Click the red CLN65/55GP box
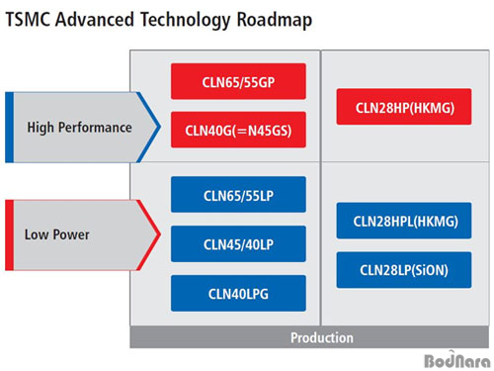point(238,82)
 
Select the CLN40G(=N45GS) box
point(238,129)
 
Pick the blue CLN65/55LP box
point(238,195)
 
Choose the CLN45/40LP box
point(238,243)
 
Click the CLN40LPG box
point(238,293)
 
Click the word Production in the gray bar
point(321,337)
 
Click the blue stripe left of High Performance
point(9,128)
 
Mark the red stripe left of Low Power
point(9,234)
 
